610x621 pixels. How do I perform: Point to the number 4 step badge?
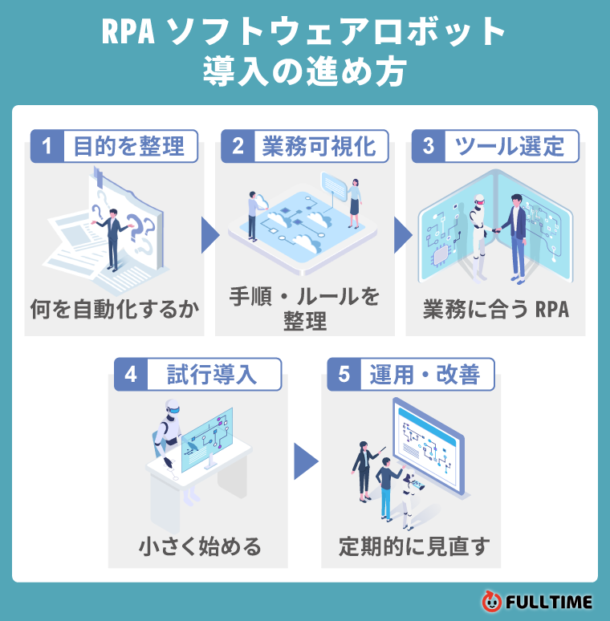[131, 375]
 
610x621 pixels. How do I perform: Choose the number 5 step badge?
[344, 375]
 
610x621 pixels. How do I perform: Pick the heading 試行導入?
[213, 375]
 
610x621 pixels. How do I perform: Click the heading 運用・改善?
[425, 375]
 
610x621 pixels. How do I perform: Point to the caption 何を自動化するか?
[114, 310]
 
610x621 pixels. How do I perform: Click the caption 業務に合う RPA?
[496, 310]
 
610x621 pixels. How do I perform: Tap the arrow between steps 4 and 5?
[305, 461]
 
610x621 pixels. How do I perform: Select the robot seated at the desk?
[170, 437]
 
